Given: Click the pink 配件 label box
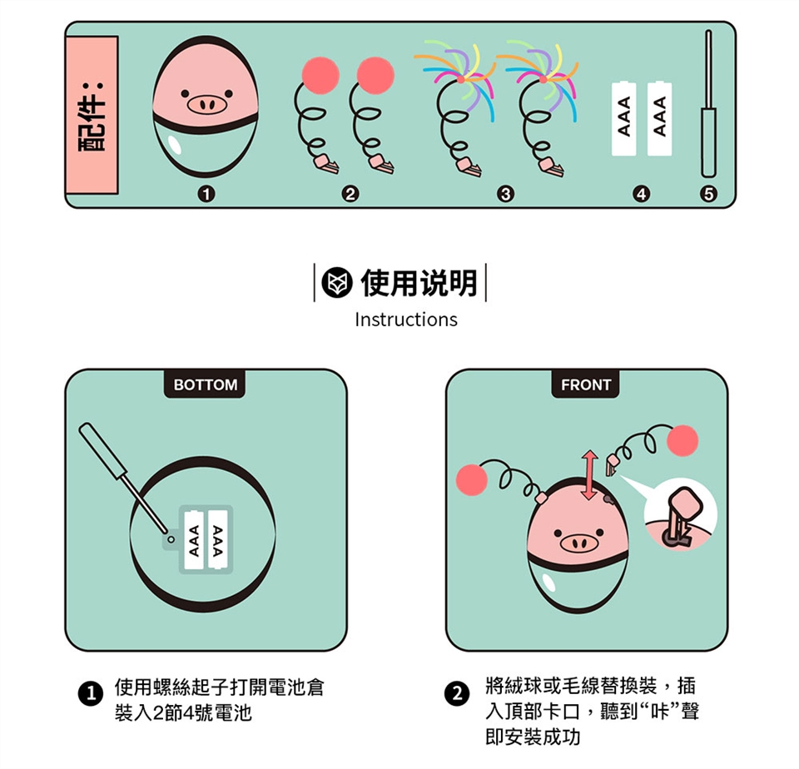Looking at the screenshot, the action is click(x=92, y=115).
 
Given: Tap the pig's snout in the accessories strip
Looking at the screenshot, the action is click(x=206, y=105).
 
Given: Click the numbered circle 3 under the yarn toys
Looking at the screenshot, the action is click(x=505, y=194).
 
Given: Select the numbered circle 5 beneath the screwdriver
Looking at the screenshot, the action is click(x=708, y=194).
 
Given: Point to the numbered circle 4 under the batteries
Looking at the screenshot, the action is click(x=641, y=194).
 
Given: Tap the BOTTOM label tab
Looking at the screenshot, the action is click(x=205, y=384).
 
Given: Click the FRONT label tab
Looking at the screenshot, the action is click(x=585, y=384).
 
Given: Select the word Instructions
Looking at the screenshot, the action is click(x=406, y=320).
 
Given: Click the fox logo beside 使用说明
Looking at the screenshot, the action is click(x=337, y=283).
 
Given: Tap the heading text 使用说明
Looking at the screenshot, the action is click(x=419, y=283).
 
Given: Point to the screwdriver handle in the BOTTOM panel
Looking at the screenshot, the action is click(x=102, y=449).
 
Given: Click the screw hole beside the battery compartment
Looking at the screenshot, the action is click(x=171, y=539).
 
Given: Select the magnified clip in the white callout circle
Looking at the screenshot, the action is click(x=681, y=517).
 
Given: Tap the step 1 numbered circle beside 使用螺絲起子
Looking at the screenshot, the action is click(x=90, y=694).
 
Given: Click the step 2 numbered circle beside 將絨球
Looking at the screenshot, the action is click(x=457, y=694).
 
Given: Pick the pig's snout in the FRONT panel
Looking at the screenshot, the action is click(x=578, y=543).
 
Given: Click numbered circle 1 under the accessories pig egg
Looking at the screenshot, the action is click(x=206, y=194).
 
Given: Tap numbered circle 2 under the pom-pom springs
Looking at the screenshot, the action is click(x=350, y=194).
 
